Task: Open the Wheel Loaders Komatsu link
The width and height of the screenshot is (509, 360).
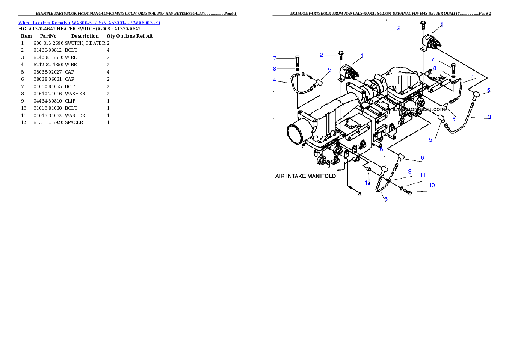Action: coord(44,23)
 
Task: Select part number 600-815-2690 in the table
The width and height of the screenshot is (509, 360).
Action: coord(48,43)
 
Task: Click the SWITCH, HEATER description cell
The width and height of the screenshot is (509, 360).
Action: coord(85,43)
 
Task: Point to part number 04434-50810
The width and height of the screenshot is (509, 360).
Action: coord(47,101)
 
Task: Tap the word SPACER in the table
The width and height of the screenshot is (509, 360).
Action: coord(74,122)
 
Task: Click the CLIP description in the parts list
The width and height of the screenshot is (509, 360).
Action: coord(70,101)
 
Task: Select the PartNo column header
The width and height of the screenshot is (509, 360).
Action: coord(48,36)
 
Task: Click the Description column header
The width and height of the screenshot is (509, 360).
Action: coord(85,36)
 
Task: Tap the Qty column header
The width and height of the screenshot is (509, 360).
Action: coord(111,36)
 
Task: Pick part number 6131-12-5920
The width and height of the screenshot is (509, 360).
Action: coord(48,122)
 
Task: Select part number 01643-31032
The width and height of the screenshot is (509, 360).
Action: coord(47,115)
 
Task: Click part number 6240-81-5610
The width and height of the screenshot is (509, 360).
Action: coord(48,57)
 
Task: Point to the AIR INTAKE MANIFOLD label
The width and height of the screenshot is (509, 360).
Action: coord(305,176)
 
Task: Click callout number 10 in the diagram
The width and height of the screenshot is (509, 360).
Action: coord(432,186)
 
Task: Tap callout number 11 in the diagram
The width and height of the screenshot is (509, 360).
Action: coord(423,175)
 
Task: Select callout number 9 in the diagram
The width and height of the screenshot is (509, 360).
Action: coord(410,171)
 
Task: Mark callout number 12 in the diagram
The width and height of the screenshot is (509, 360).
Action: coord(367,183)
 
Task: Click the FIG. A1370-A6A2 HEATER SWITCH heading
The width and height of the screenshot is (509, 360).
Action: coord(80,29)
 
